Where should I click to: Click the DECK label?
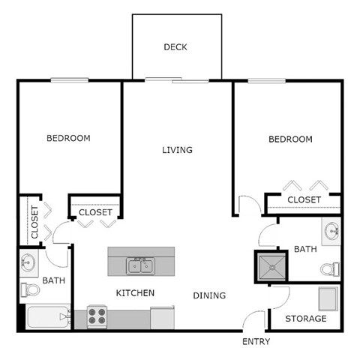click(175, 47)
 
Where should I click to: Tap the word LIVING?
click(178, 150)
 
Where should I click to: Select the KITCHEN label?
click(135, 292)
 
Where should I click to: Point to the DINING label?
click(209, 295)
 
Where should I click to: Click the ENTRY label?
click(256, 342)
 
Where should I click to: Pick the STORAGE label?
click(306, 319)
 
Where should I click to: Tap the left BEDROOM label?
click(68, 138)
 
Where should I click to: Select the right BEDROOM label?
click(290, 139)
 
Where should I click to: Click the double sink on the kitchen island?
click(140, 265)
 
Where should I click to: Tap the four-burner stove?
click(96, 316)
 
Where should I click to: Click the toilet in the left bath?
click(28, 289)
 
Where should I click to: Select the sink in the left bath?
click(28, 262)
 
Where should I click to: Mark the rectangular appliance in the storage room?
click(327, 298)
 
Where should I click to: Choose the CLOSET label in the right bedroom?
click(304, 199)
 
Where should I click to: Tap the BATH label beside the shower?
click(305, 249)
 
